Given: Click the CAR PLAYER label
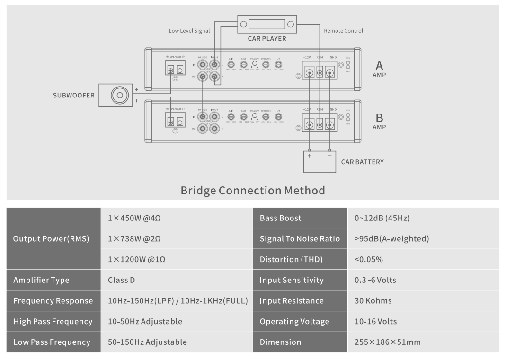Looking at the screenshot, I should [x=266, y=39].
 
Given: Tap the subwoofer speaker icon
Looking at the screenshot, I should [x=119, y=95].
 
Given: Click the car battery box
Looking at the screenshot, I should [x=320, y=161].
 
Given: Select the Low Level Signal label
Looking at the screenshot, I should [x=189, y=31].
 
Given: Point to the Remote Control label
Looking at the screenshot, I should [x=343, y=31].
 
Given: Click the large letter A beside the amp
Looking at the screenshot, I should [x=379, y=65].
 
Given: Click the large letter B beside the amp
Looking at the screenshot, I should [x=379, y=117].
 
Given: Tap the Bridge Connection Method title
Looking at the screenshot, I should [x=253, y=191].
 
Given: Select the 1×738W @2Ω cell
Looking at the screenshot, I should [x=134, y=239].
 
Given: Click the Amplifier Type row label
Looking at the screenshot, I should [x=42, y=280].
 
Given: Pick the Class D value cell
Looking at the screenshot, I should [x=122, y=280].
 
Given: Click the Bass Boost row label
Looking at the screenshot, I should [x=281, y=218].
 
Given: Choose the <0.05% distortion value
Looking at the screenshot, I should [x=369, y=259].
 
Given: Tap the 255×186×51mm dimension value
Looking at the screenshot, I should [x=387, y=342].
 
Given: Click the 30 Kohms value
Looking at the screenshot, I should [x=373, y=301].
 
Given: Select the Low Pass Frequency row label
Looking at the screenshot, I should [x=52, y=342].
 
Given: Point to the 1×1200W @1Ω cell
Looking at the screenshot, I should [x=136, y=259].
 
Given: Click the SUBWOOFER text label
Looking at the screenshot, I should [x=74, y=96].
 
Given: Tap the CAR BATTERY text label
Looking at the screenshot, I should [x=362, y=162].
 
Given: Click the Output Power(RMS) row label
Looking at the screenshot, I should [x=52, y=239].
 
